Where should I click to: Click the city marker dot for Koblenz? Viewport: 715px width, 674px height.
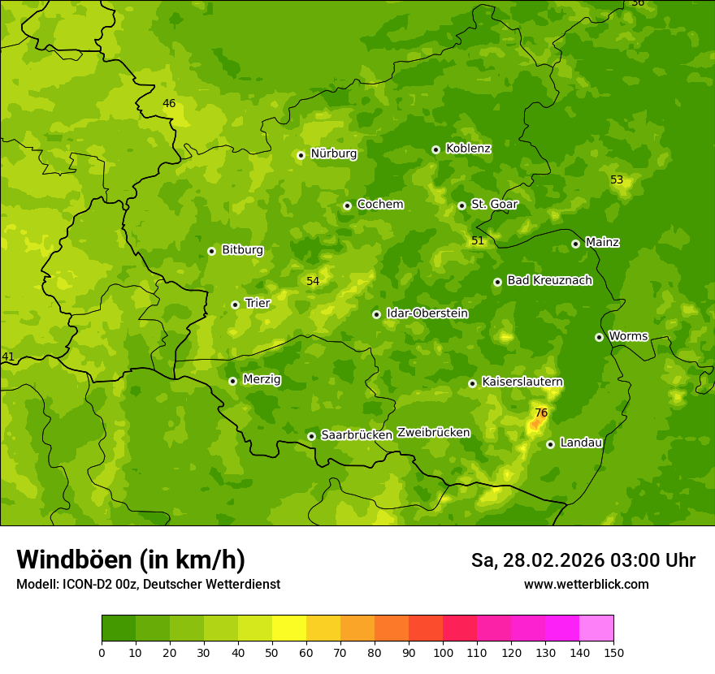tap(435, 149)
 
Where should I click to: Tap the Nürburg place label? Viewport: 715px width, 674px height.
tap(333, 153)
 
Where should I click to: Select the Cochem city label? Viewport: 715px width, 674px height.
tap(379, 205)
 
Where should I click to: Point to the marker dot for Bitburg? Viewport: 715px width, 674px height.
tap(211, 251)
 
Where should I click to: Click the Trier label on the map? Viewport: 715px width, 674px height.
tap(257, 304)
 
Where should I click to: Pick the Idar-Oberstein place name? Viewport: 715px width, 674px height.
tap(427, 313)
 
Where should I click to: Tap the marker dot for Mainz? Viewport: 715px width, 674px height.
tap(575, 244)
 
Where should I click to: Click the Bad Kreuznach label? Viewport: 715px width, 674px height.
tap(549, 281)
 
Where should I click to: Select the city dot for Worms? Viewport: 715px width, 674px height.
tap(599, 337)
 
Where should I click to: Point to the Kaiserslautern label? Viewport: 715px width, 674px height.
tap(522, 382)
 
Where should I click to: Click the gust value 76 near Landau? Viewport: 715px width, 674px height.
tap(541, 413)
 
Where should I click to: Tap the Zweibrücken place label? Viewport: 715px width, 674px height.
tap(433, 433)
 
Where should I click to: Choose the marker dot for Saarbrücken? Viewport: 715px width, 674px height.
tap(311, 436)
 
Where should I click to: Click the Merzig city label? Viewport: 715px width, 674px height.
tap(262, 380)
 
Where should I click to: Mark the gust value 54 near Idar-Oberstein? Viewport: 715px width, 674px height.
tap(313, 282)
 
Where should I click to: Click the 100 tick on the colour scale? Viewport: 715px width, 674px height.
tap(443, 653)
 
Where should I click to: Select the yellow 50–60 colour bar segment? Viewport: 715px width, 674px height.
tap(289, 629)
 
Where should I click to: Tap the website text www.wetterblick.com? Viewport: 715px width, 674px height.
tap(586, 585)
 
